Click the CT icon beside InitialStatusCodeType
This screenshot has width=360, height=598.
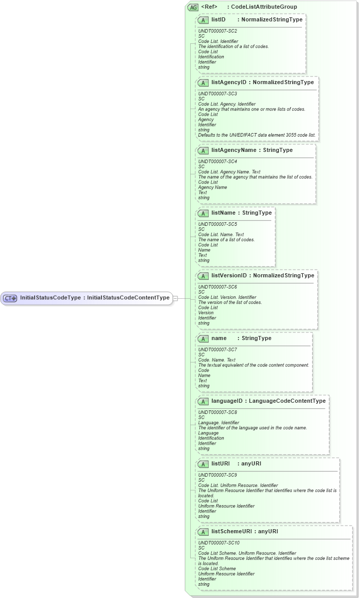pyautogui.click(x=10, y=298)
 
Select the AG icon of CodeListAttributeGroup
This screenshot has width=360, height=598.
pyautogui.click(x=193, y=7)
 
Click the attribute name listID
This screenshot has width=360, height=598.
pyautogui.click(x=219, y=20)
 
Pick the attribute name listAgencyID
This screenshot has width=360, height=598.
pyautogui.click(x=229, y=82)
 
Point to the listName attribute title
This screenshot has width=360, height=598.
pyautogui.click(x=223, y=213)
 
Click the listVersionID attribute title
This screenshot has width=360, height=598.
pyautogui.click(x=229, y=276)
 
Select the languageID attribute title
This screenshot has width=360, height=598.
pyautogui.click(x=227, y=401)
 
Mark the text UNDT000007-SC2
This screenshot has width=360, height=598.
pyautogui.click(x=217, y=31)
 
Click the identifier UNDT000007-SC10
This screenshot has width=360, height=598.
pyautogui.click(x=218, y=542)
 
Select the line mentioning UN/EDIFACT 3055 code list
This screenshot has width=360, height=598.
pyautogui.click(x=257, y=135)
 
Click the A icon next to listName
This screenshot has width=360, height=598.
pyautogui.click(x=203, y=213)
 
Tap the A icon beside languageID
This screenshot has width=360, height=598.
pyautogui.click(x=203, y=401)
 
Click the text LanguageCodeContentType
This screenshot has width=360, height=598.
pyautogui.click(x=287, y=401)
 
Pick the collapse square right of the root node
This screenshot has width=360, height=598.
pyautogui.click(x=175, y=298)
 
